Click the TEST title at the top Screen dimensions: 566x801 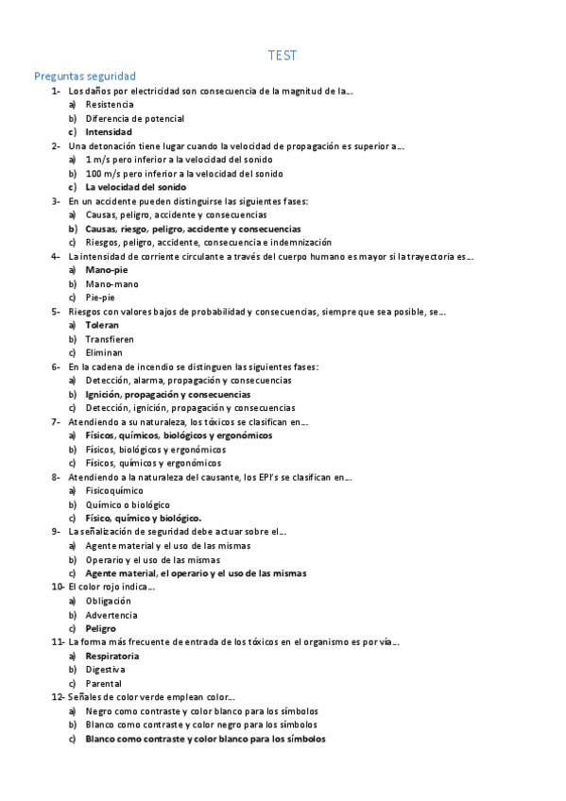pyautogui.click(x=283, y=56)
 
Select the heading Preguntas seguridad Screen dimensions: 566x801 pyautogui.click(x=85, y=77)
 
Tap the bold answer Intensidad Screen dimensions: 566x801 pyautogui.click(x=109, y=132)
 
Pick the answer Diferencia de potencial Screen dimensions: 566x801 pyautogui.click(x=134, y=119)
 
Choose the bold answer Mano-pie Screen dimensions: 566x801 pyautogui.click(x=107, y=270)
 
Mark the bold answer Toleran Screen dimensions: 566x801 pyautogui.click(x=102, y=325)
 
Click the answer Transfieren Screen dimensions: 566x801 pyautogui.click(x=110, y=338)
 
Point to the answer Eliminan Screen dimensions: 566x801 pyautogui.click(x=104, y=352)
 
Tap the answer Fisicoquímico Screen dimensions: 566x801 pyautogui.click(x=114, y=490)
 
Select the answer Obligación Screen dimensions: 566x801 pyautogui.click(x=108, y=601)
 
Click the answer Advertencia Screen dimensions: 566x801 pyautogui.click(x=111, y=615)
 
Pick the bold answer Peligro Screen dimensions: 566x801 pyautogui.click(x=101, y=628)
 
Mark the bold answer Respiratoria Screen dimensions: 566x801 pyautogui.click(x=112, y=656)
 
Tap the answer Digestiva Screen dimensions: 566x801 pyautogui.click(x=106, y=670)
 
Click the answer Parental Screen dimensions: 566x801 pyautogui.click(x=103, y=684)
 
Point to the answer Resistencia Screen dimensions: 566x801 pyautogui.click(x=110, y=105)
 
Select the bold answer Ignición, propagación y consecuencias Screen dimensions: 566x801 pyautogui.click(x=167, y=394)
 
